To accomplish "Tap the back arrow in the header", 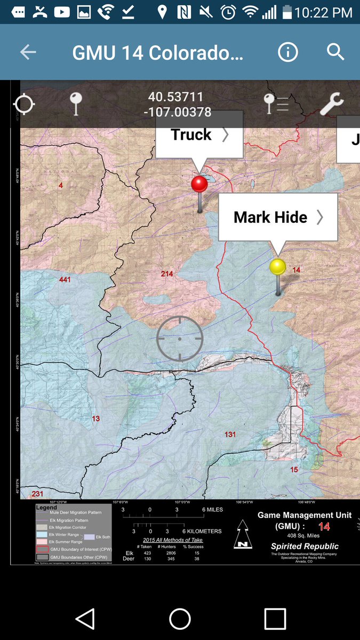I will pos(28,52).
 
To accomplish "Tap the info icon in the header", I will pos(288,52).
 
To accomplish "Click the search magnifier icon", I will pos(335,52).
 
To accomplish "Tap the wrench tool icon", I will pos(331,104).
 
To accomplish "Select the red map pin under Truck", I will pos(199,185).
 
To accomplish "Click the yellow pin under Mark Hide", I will pos(277,267).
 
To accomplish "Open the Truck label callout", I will pos(199,135).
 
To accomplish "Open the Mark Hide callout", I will pos(278,217).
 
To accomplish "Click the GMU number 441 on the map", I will pos(65,279).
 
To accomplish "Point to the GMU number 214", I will pos(167,274).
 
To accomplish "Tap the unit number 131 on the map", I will pos(230,434).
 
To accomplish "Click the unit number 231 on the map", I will pos(37,494).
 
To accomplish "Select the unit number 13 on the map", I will pos(96,419).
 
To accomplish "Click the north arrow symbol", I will pos(243,535).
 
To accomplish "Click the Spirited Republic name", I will pos(305,546).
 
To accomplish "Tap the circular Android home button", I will pos(180,619).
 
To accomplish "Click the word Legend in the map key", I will pos(46,507).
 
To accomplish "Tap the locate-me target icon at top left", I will pos(24,104).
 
